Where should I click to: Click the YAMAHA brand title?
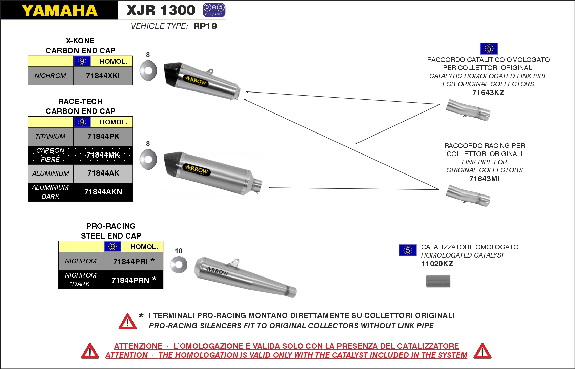tap(59, 10)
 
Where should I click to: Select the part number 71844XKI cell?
tap(103, 76)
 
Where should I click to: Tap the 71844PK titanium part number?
tap(103, 136)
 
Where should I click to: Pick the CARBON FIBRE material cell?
tap(50, 155)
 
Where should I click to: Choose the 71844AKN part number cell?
tap(103, 192)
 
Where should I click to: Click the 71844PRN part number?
tap(130, 280)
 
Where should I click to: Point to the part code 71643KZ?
tap(488, 93)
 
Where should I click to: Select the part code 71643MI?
tap(484, 179)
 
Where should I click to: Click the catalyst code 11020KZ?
tap(437, 264)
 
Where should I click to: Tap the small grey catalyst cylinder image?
tap(438, 281)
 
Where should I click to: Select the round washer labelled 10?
tap(179, 265)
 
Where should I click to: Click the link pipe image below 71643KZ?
tap(468, 109)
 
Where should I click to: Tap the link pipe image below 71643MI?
tap(468, 195)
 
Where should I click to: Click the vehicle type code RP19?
tap(205, 26)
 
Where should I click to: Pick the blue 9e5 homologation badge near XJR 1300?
tap(214, 10)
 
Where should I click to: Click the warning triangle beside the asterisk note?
tap(127, 322)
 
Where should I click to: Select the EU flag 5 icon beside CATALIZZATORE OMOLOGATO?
tap(408, 250)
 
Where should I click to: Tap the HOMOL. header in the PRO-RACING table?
tap(144, 247)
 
